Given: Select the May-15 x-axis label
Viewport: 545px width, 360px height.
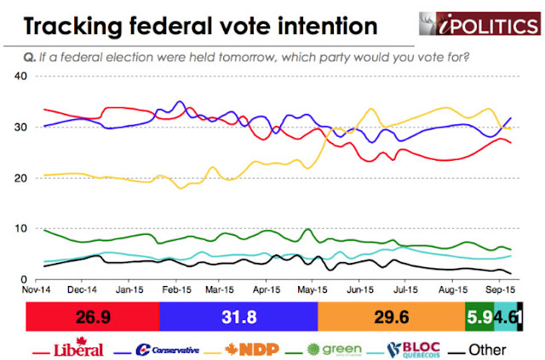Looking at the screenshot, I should [x=315, y=289].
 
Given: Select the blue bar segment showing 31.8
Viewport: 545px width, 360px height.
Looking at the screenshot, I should [x=238, y=317].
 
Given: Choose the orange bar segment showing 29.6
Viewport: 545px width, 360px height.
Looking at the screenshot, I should [x=392, y=317].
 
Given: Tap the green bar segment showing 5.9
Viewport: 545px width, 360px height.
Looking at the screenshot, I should [x=479, y=317].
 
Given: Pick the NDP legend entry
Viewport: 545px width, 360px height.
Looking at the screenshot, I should [x=247, y=349].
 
